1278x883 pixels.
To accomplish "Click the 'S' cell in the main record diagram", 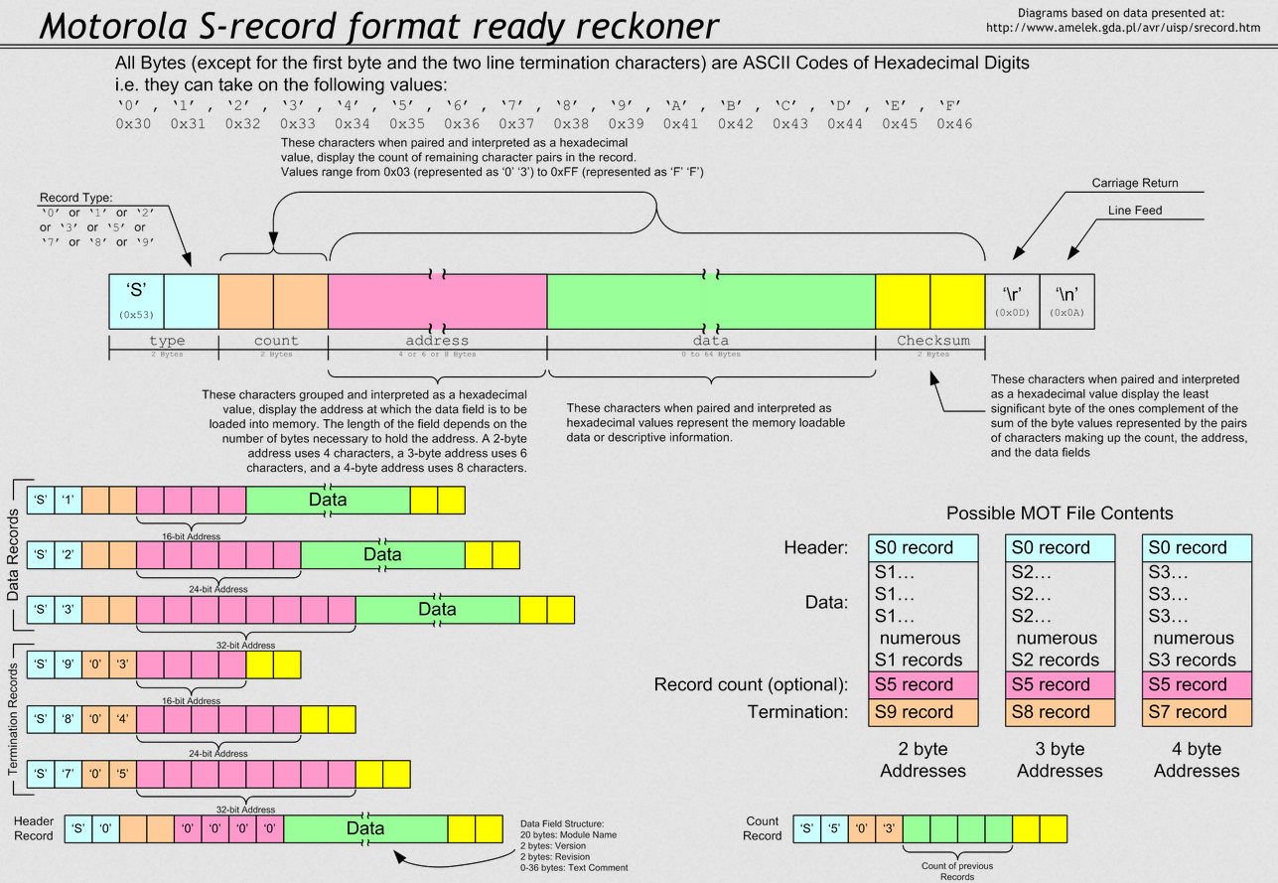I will pyautogui.click(x=136, y=301).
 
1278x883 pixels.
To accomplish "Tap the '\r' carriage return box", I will pyautogui.click(x=1012, y=301).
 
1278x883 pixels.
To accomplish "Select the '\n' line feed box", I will pyautogui.click(x=1066, y=301).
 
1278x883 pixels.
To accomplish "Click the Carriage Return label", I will pyautogui.click(x=1134, y=184).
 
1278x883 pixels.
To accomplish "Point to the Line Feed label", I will pyautogui.click(x=1135, y=211).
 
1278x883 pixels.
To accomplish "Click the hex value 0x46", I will pyautogui.click(x=953, y=124).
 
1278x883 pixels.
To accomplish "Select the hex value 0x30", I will pyautogui.click(x=133, y=124).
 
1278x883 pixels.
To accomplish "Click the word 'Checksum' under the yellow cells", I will pyautogui.click(x=932, y=341).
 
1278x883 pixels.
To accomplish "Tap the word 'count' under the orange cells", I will pyautogui.click(x=275, y=341).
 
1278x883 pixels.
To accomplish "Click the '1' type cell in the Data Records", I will pyautogui.click(x=68, y=500).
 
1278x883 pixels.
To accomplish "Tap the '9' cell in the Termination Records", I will pyautogui.click(x=68, y=664).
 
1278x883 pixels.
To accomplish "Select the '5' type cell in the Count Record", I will pyautogui.click(x=834, y=828).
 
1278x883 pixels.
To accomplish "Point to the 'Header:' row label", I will pyautogui.click(x=815, y=547).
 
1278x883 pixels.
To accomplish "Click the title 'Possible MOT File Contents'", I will pyautogui.click(x=1060, y=514).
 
